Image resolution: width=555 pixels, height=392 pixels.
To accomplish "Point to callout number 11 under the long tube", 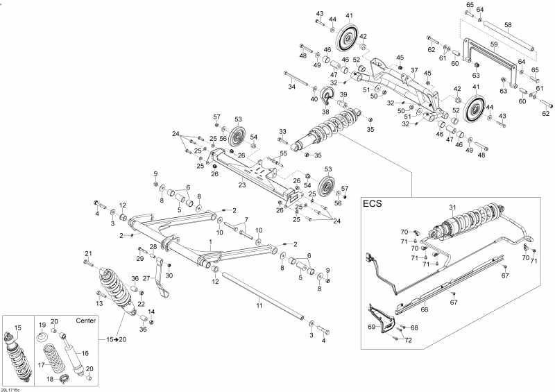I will [x=259, y=305].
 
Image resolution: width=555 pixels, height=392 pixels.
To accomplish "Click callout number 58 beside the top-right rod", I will [x=508, y=25].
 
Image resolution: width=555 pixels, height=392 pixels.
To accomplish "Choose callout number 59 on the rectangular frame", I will [x=494, y=44].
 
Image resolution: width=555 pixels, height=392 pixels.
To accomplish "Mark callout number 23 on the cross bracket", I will [x=242, y=185].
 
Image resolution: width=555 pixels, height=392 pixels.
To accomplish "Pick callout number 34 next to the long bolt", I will [x=292, y=87].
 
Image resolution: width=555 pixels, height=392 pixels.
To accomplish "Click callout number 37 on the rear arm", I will [x=413, y=70].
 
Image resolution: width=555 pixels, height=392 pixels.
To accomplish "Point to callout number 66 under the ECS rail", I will [x=425, y=310].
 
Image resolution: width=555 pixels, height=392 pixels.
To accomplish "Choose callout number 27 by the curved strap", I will [x=146, y=278].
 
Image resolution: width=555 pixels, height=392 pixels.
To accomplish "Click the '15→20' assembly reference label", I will [x=117, y=339].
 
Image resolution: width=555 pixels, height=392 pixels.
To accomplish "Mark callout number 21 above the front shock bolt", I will [x=88, y=253].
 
